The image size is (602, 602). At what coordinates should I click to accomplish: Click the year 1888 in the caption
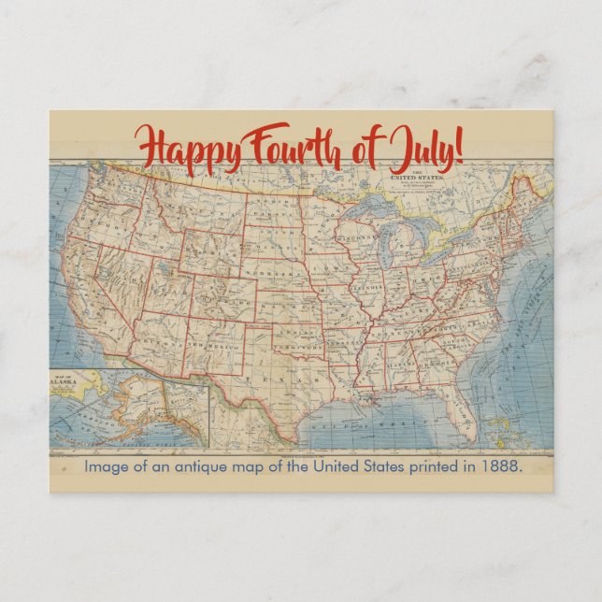point(500,466)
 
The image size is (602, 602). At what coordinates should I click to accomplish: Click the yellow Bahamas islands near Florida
point(495,416)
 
